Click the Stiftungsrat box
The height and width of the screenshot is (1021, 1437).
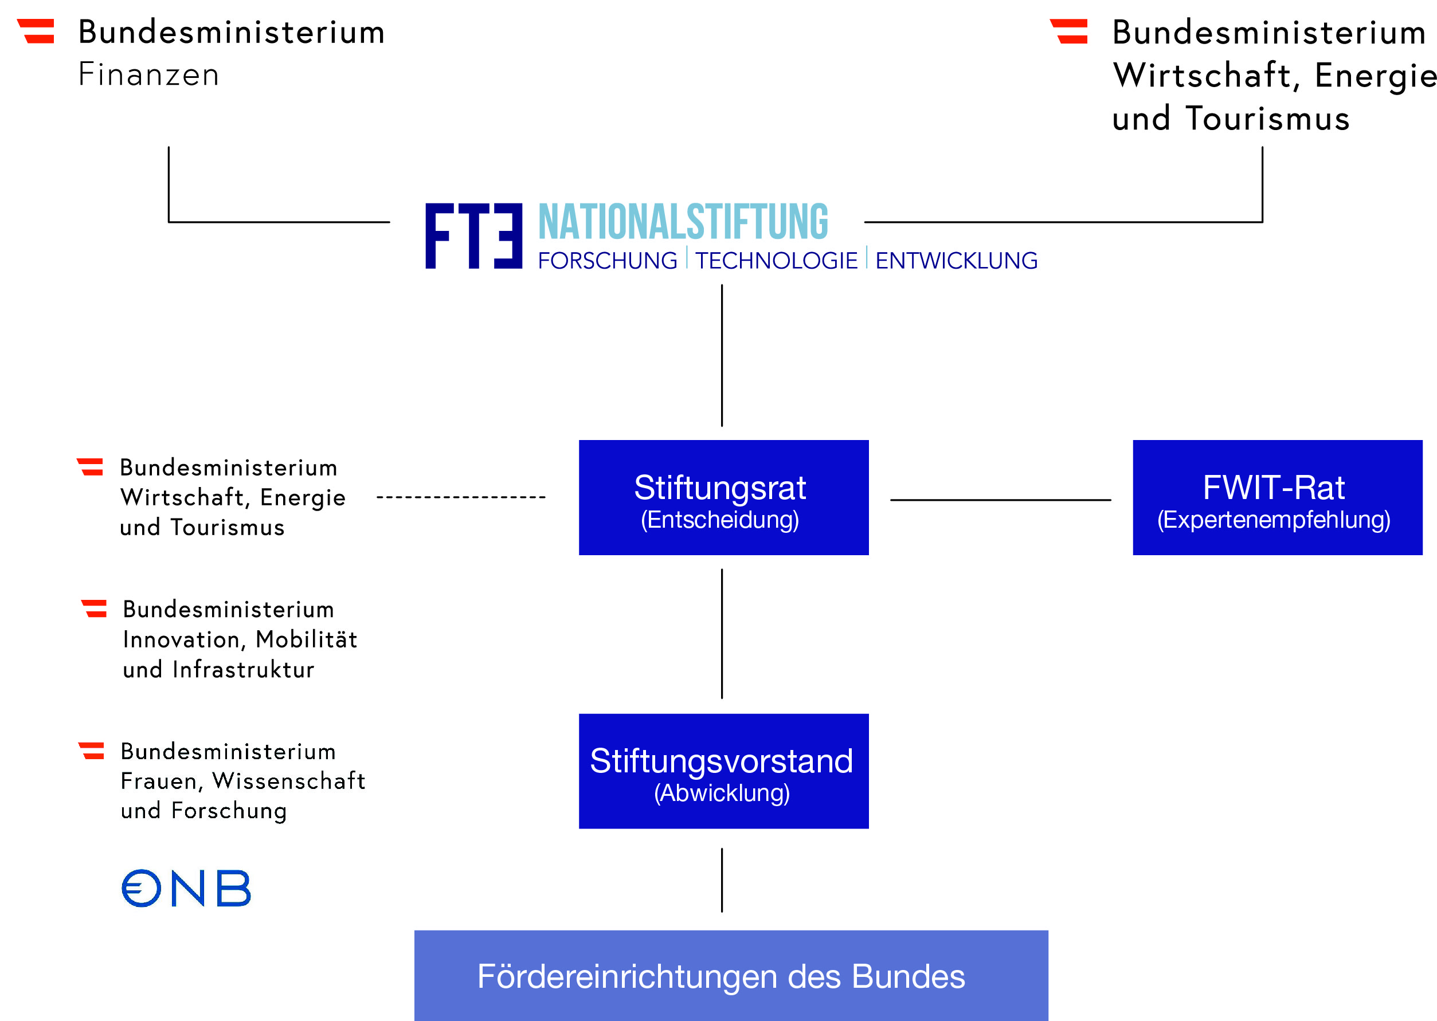723,497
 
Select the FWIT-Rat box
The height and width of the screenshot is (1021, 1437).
1277,497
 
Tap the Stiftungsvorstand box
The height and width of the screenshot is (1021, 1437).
723,771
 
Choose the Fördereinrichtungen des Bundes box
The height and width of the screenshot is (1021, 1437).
731,976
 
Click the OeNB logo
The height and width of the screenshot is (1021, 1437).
186,888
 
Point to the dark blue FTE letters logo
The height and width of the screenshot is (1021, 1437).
473,235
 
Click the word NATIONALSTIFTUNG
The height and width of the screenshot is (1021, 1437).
683,221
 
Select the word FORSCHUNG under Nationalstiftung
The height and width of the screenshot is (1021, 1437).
608,260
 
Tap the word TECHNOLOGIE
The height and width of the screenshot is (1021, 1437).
776,260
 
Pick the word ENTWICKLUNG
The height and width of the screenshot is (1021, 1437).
956,260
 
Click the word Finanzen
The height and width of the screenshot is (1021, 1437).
148,74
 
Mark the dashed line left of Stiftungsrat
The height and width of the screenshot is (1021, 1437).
461,497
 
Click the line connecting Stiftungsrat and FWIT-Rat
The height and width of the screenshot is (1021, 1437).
1001,500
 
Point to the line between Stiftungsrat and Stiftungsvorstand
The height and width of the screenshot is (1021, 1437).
722,634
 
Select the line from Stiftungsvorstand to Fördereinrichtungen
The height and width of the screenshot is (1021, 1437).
722,880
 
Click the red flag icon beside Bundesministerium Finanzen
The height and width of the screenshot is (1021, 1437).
36,31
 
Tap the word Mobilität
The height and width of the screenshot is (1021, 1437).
306,639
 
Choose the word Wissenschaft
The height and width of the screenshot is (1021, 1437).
289,780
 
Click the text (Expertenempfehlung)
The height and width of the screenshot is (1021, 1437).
1274,520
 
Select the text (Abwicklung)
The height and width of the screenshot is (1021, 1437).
722,793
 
